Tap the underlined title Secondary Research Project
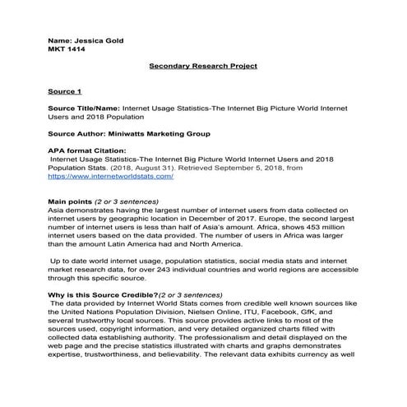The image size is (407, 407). pyautogui.click(x=203, y=66)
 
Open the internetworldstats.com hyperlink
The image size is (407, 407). pyautogui.click(x=110, y=176)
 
